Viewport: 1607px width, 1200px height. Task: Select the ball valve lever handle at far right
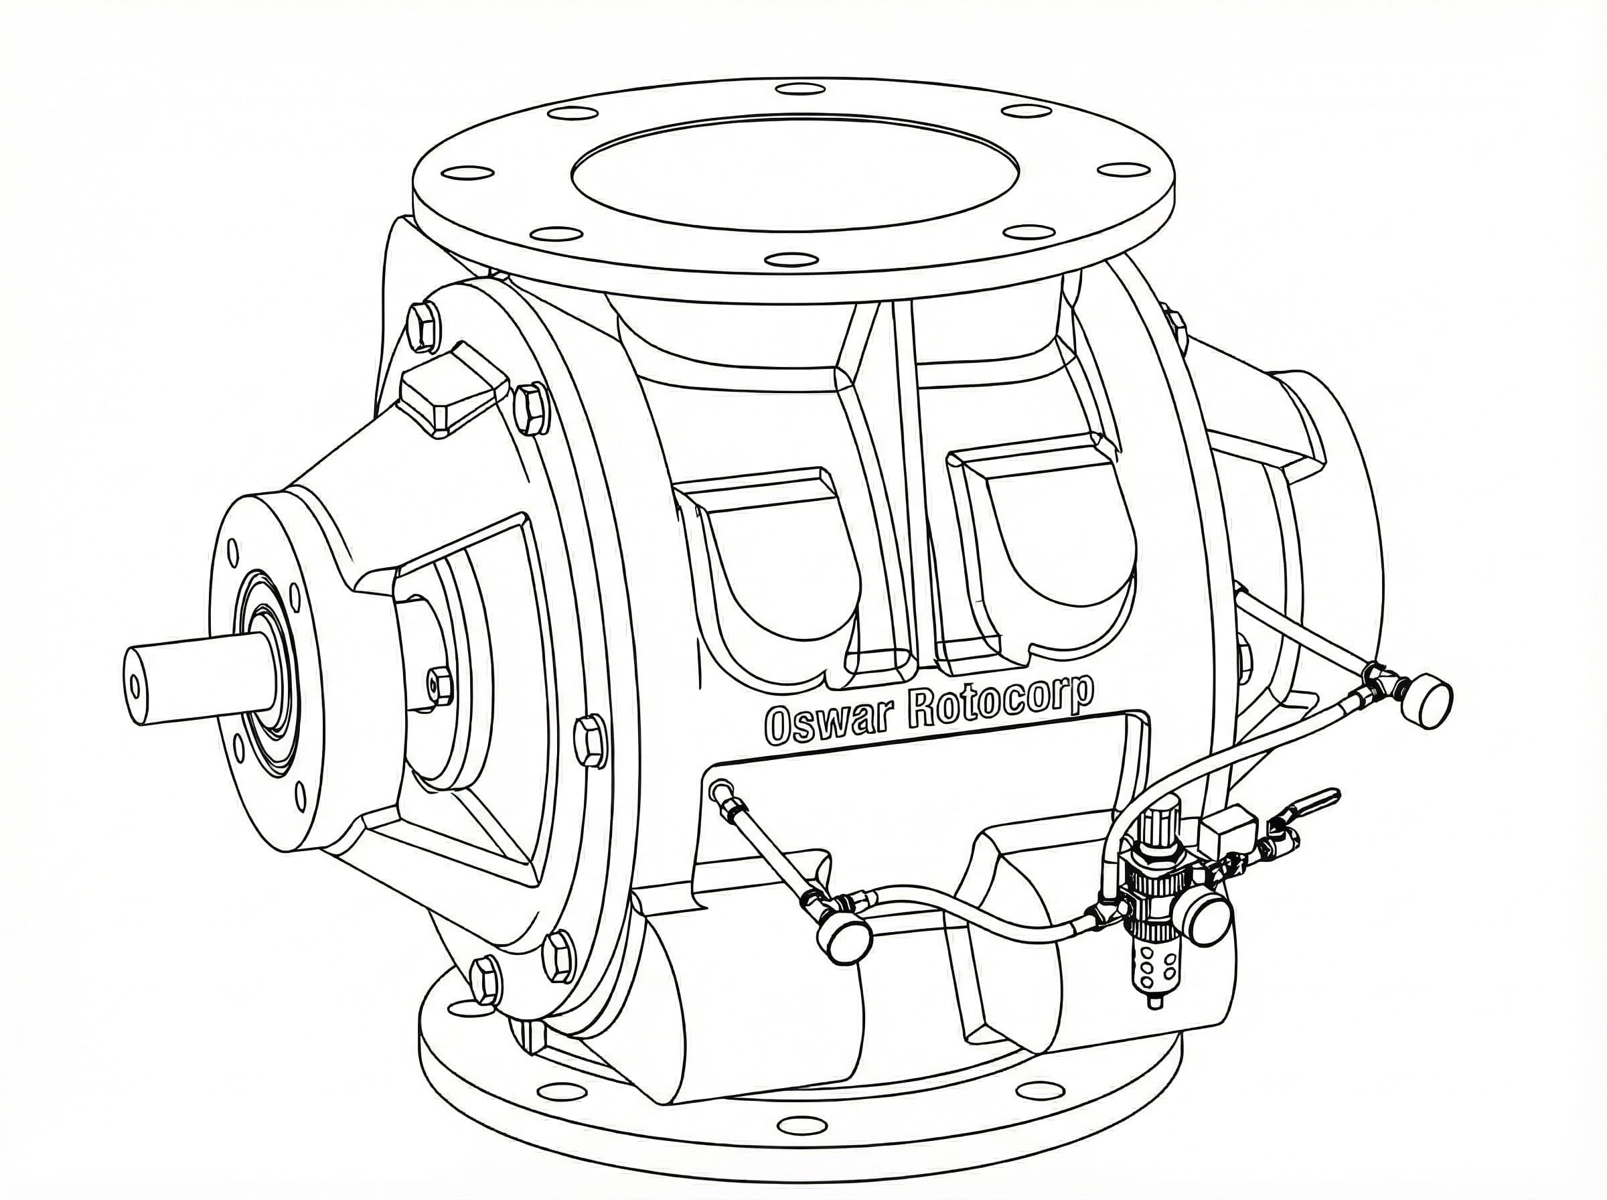tap(1318, 803)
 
